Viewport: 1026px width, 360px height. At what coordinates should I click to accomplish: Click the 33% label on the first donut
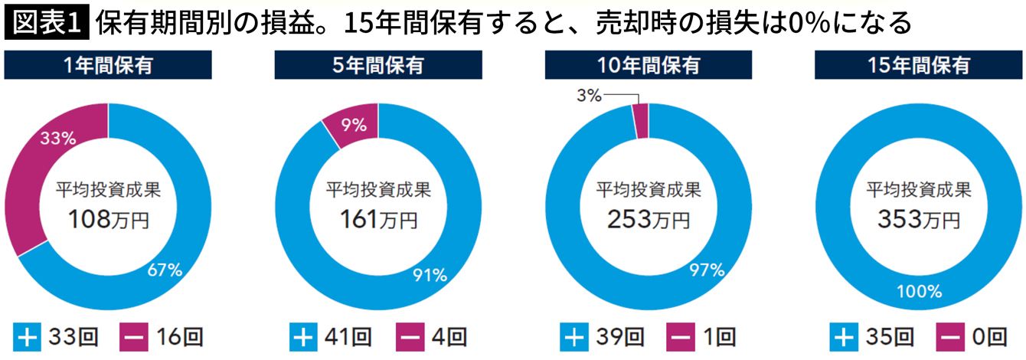(57, 139)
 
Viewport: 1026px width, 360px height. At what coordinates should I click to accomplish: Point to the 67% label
(165, 270)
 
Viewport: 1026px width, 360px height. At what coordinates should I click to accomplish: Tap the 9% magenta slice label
(354, 123)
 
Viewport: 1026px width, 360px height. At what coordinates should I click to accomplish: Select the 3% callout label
(589, 95)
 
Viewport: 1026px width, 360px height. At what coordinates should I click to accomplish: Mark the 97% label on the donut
(706, 269)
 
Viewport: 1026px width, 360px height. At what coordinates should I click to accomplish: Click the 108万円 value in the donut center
(108, 221)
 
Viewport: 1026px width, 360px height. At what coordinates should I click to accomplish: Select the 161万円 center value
(378, 221)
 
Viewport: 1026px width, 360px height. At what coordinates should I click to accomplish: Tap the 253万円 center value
(648, 221)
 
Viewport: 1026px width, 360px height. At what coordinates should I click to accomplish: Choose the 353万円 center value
(918, 221)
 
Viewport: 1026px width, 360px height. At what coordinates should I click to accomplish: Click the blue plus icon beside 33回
(28, 336)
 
